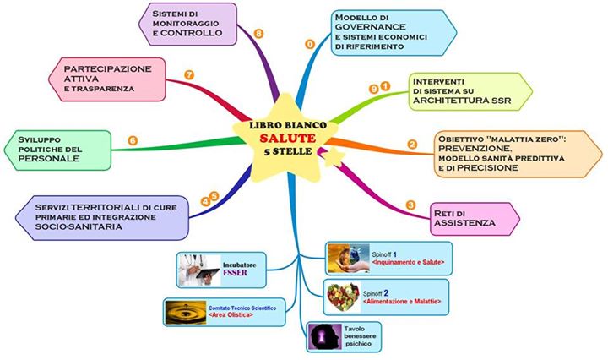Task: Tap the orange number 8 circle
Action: (x=258, y=34)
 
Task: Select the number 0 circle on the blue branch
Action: (x=310, y=42)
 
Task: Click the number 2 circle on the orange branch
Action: (x=412, y=144)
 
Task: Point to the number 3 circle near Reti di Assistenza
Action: (x=410, y=205)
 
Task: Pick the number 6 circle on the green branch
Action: (x=133, y=139)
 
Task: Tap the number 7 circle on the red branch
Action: (x=189, y=75)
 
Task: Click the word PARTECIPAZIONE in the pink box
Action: (x=101, y=68)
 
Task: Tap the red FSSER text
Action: (x=255, y=275)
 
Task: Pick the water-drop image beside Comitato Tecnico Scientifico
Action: (x=185, y=314)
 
